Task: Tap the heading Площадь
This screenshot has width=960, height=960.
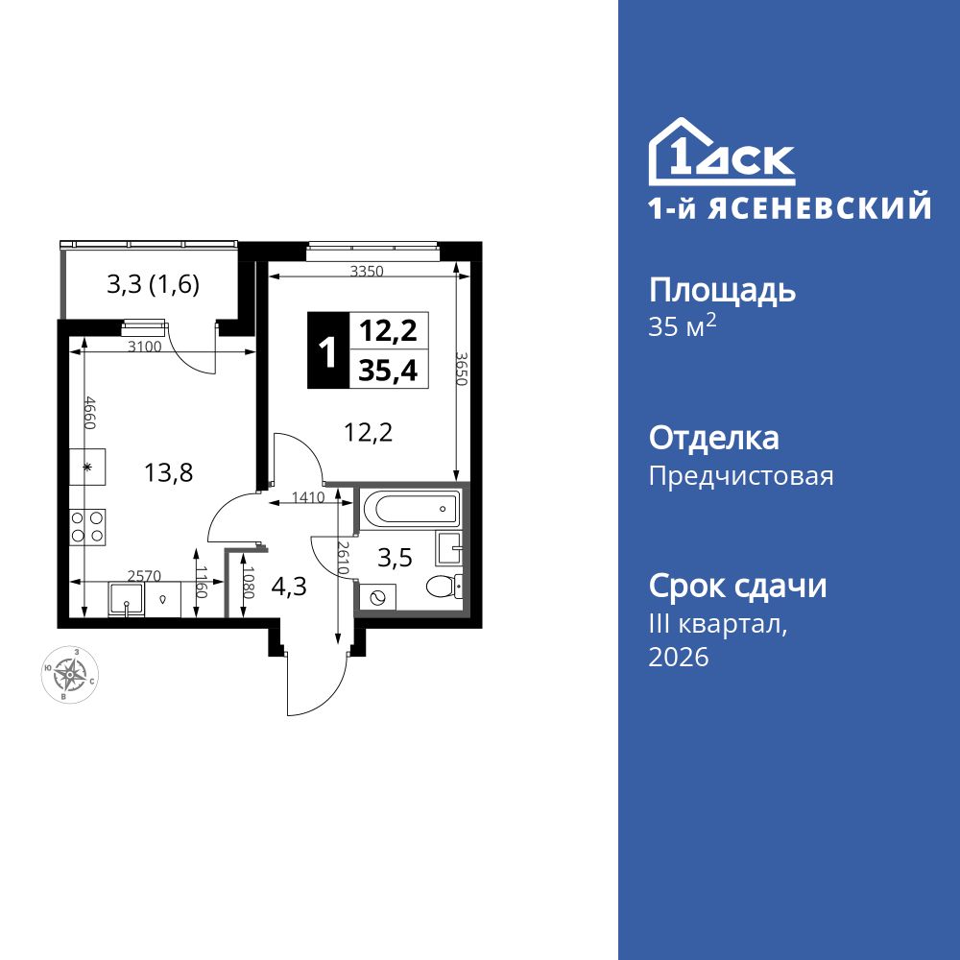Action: click(x=723, y=291)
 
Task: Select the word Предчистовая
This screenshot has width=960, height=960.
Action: click(x=741, y=476)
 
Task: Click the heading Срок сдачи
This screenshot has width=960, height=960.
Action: click(x=737, y=586)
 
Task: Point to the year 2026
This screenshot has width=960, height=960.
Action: click(x=679, y=658)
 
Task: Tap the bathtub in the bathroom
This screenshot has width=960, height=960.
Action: click(x=409, y=507)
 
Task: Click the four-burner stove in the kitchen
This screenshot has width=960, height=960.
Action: click(x=88, y=526)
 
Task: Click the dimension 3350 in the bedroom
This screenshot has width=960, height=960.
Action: click(x=366, y=272)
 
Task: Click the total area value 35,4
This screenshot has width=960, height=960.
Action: click(x=388, y=370)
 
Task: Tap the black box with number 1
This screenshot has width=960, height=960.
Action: click(x=327, y=351)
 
